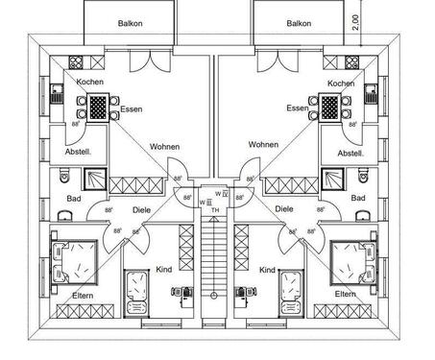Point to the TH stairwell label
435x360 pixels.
click(x=216, y=210)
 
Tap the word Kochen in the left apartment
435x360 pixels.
click(x=90, y=84)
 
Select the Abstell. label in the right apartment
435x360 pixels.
click(x=351, y=153)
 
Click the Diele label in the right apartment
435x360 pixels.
click(x=283, y=207)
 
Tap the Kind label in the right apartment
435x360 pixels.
click(x=267, y=271)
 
